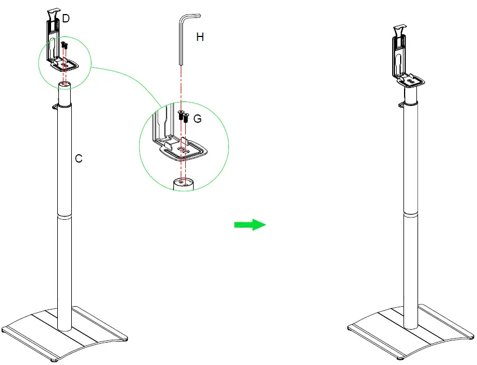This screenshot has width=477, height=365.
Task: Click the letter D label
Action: click(66, 19)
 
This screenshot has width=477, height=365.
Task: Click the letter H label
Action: click(199, 38)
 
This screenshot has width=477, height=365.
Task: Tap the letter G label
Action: click(198, 119)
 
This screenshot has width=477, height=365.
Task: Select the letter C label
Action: click(79, 159)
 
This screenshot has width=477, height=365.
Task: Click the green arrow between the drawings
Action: click(249, 225)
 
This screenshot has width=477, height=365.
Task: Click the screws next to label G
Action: click(182, 116)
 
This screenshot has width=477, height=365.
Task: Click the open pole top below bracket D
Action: click(65, 84)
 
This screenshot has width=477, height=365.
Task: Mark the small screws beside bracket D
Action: click(65, 45)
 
